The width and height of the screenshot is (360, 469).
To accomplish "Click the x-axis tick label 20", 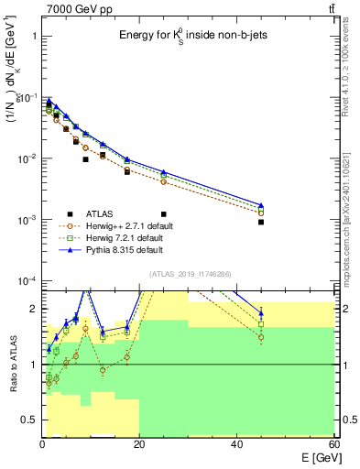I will coord(139,443).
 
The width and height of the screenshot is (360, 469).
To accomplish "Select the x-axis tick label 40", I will coord(237,443).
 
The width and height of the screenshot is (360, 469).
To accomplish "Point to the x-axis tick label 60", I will coord(333,443).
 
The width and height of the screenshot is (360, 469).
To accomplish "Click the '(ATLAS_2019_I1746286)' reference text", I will coord(191,273).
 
